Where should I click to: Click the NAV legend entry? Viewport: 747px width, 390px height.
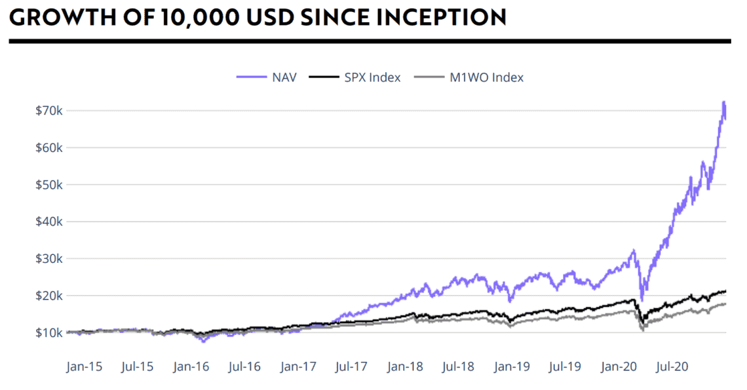[x=282, y=77]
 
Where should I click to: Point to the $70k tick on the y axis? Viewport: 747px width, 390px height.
[x=49, y=110]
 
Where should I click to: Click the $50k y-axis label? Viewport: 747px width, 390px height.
[x=49, y=184]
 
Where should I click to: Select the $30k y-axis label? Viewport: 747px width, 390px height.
[x=49, y=258]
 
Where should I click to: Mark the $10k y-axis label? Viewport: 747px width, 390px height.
[x=49, y=332]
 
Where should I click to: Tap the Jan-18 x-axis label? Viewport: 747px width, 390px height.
[x=404, y=366]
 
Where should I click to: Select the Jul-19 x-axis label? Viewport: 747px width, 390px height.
[x=564, y=366]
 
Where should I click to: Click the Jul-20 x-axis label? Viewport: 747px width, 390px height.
[x=672, y=366]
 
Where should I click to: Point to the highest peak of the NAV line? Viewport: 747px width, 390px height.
[x=723, y=102]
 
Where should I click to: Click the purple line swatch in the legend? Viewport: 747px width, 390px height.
[x=251, y=77]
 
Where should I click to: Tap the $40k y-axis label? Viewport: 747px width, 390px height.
[x=49, y=222]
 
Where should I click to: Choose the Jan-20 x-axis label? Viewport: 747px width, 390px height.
[x=618, y=366]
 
